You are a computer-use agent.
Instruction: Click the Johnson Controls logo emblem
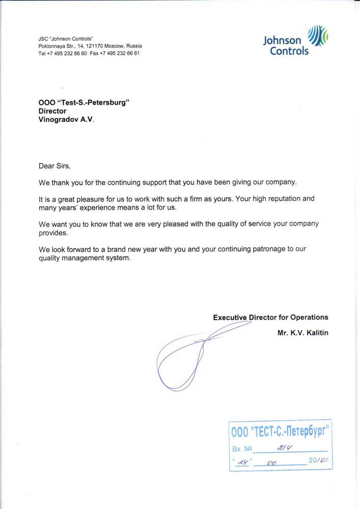point(319,36)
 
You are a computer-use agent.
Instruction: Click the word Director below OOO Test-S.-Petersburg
point(52,110)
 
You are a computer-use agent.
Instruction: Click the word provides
point(53,232)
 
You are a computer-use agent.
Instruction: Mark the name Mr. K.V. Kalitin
point(303,333)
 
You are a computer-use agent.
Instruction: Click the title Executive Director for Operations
point(270,317)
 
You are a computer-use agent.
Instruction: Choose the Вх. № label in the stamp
point(242,449)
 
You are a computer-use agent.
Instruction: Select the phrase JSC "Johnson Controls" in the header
point(66,39)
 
